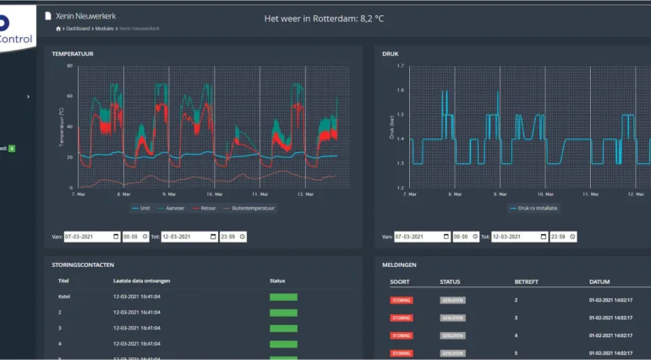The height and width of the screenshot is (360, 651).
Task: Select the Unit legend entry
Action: point(144,207)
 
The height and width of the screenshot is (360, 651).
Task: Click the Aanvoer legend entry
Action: point(173,207)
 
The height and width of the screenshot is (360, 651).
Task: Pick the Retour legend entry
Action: point(205,207)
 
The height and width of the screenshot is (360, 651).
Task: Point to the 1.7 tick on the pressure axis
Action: point(401,65)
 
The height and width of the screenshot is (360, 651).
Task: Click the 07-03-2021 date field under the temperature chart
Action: point(91,237)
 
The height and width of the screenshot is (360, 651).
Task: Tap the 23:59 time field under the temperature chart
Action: point(231,237)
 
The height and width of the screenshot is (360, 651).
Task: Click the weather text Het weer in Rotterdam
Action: point(325,16)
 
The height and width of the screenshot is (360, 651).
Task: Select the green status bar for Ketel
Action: point(283,297)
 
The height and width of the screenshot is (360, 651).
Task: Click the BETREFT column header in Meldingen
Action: point(527,281)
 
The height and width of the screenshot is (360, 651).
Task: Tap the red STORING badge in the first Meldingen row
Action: point(402,300)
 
